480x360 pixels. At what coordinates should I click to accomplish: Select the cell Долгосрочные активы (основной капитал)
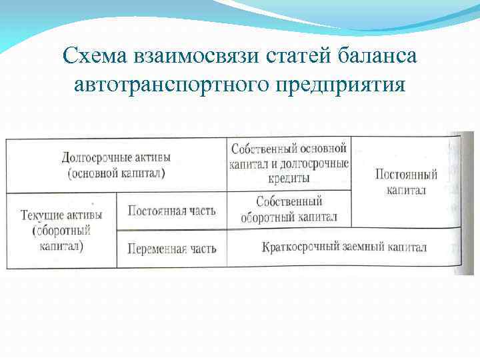pos(116,165)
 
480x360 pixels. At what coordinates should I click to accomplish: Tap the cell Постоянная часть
pos(171,211)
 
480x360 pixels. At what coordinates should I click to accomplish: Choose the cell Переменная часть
pos(171,249)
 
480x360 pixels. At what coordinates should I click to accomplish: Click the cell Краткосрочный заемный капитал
pos(344,247)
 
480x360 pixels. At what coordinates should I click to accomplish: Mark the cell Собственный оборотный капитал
pos(289,209)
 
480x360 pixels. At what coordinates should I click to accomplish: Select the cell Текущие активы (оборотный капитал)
pos(61,230)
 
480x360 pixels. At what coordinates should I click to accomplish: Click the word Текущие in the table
pos(43,215)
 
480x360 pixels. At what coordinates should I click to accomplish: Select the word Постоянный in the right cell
pos(406,175)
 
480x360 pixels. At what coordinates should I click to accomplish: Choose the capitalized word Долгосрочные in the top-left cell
pos(93,158)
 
